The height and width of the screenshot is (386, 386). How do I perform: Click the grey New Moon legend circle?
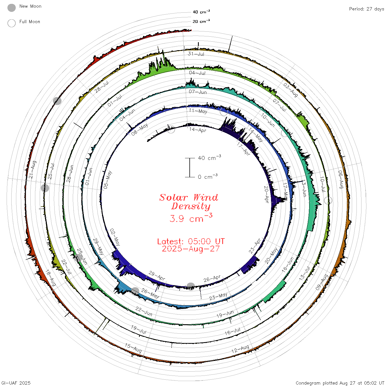(x=11, y=8)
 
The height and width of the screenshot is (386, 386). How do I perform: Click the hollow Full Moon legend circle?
(x=11, y=23)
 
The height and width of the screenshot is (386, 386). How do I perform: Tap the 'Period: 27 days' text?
(x=367, y=9)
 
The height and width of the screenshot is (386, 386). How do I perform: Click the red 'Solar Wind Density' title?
(x=189, y=202)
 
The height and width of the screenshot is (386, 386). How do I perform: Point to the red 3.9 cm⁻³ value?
(x=191, y=218)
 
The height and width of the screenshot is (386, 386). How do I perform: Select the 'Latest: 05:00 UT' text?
(x=191, y=241)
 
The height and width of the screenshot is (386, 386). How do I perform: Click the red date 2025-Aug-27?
(x=191, y=249)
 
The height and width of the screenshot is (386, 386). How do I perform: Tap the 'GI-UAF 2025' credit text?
(x=16, y=383)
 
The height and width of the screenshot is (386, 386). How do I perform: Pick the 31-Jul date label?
(x=196, y=54)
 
